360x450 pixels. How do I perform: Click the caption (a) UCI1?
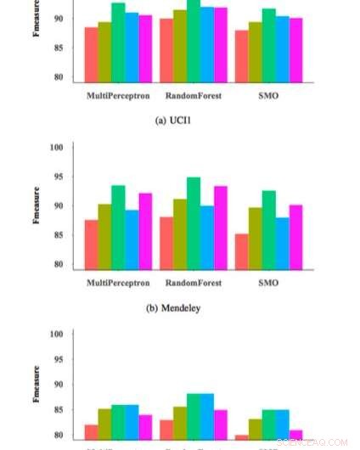pyautogui.click(x=173, y=121)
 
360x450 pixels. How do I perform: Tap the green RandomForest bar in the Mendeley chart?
pyautogui.click(x=194, y=223)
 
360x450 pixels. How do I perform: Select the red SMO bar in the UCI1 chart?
pyautogui.click(x=242, y=56)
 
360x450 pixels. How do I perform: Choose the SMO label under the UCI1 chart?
pyautogui.click(x=267, y=96)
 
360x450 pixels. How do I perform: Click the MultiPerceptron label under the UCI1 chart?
pyautogui.click(x=118, y=96)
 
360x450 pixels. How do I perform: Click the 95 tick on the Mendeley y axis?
pyautogui.click(x=59, y=177)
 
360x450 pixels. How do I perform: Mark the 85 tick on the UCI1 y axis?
pyautogui.click(x=59, y=48)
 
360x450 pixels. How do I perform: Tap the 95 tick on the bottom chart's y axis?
pyautogui.click(x=59, y=358)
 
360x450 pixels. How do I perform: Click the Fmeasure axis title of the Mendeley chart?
pyautogui.click(x=37, y=206)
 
